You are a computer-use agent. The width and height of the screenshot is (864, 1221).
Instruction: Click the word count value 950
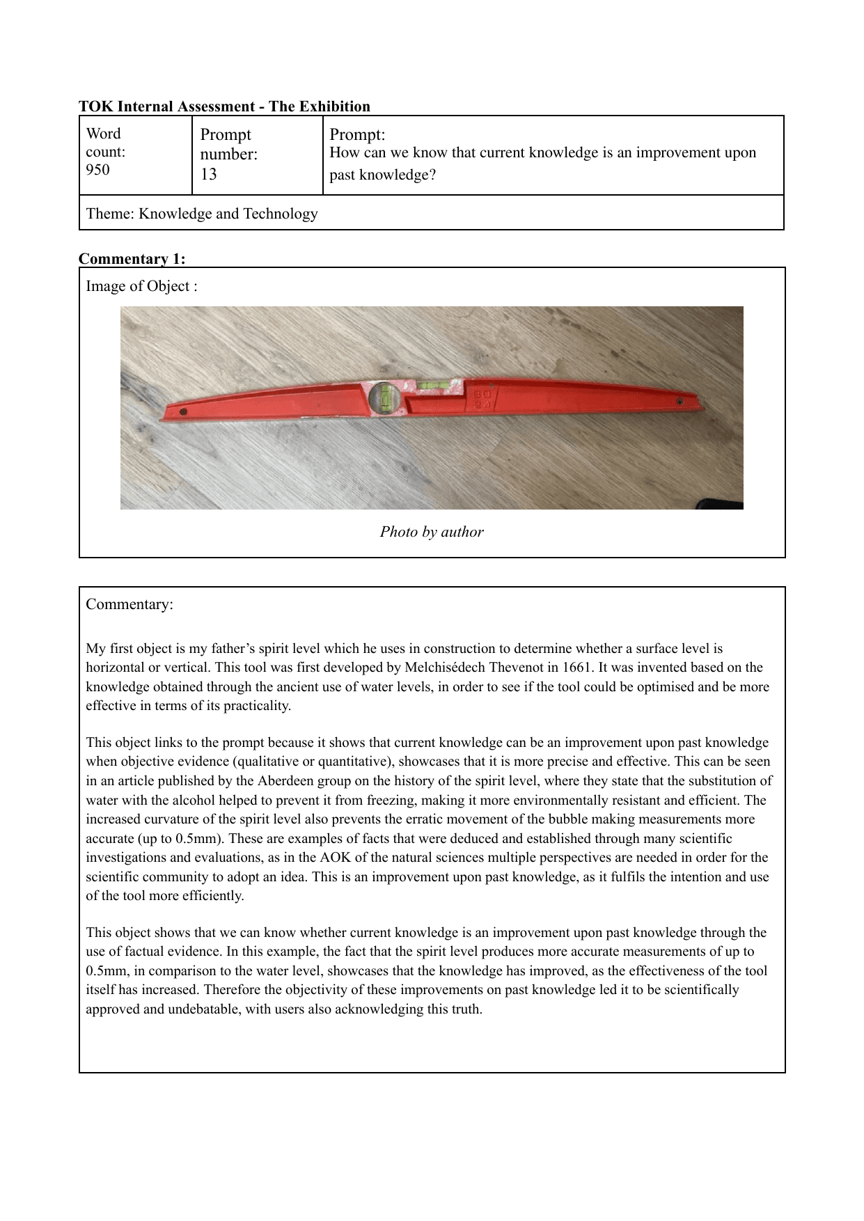tap(97, 170)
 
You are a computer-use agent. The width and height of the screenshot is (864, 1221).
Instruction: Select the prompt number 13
tap(208, 174)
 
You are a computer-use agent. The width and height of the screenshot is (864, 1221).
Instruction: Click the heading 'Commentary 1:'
tap(132, 259)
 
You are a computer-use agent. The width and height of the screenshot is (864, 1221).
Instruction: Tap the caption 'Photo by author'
tap(431, 532)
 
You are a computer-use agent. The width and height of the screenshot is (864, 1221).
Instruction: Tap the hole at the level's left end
tap(183, 412)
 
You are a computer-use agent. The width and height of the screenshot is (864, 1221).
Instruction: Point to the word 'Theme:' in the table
tap(110, 214)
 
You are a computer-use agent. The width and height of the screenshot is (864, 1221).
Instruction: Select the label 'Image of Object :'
tap(141, 286)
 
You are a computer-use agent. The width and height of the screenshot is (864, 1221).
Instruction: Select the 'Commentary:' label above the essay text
tap(129, 604)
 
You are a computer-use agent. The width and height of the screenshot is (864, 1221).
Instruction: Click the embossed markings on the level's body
tap(484, 399)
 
